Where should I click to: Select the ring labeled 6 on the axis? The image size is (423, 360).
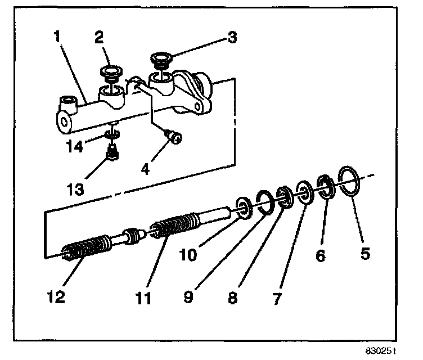click(x=325, y=186)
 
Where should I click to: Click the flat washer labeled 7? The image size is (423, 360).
click(x=304, y=192)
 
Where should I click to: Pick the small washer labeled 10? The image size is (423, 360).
click(x=244, y=206)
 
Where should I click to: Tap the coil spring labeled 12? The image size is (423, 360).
click(x=84, y=248)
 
